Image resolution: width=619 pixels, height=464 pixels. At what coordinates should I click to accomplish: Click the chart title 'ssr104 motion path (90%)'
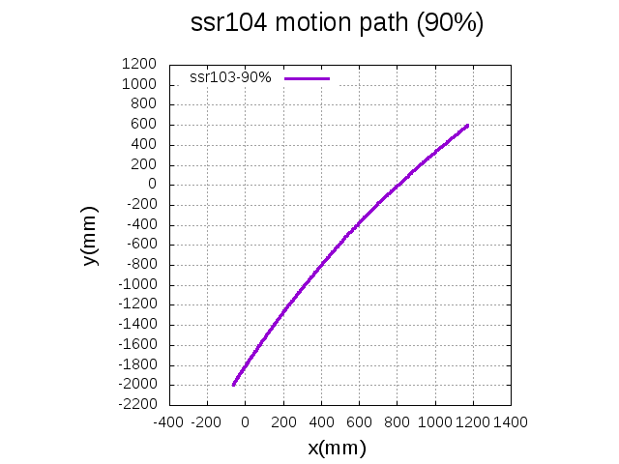[338, 25]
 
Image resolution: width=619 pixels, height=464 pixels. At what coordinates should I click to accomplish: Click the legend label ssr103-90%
[231, 77]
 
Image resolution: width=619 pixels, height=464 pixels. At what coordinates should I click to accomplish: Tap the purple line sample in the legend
[308, 78]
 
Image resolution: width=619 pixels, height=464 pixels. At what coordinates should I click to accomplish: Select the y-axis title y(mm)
[90, 235]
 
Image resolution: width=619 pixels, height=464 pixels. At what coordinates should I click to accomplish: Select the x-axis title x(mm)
[337, 448]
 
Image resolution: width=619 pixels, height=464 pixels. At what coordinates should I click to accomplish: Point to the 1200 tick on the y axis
[140, 65]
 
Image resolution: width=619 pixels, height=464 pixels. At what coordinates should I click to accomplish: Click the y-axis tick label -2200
[137, 405]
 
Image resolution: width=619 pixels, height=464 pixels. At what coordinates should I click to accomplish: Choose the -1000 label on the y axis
[137, 285]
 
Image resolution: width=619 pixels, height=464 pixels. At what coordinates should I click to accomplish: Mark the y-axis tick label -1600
[137, 345]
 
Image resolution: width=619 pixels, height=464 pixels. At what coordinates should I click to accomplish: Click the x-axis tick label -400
[168, 422]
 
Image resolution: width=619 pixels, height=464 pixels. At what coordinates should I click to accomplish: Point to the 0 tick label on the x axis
[245, 422]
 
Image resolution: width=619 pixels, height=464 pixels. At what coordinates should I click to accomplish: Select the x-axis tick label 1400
[510, 422]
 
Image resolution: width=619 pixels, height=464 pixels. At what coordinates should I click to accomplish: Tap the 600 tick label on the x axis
[358, 422]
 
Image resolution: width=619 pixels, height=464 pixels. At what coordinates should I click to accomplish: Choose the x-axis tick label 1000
[434, 422]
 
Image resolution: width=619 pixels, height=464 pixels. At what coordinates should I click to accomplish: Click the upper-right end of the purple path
[467, 125]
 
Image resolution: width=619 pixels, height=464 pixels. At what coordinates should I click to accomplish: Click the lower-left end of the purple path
[233, 385]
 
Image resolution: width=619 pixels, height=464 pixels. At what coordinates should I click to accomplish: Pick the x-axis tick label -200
[206, 422]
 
